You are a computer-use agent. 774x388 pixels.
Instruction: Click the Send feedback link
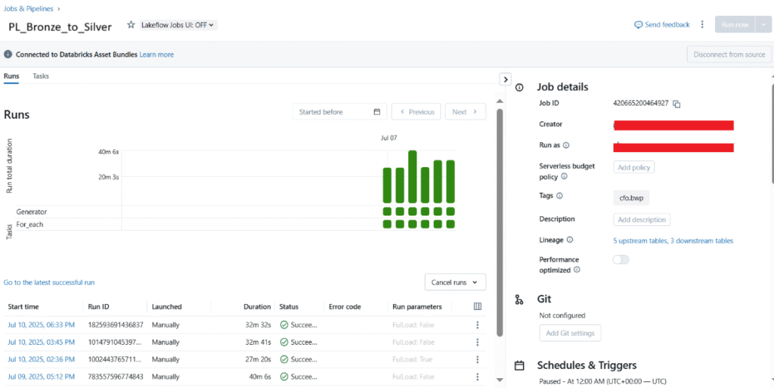coord(662,25)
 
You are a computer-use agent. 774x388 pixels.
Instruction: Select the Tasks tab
coord(41,76)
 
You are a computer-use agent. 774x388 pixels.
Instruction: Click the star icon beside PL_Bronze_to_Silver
coord(131,25)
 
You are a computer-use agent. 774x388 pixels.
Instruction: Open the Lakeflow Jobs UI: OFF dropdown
coord(178,25)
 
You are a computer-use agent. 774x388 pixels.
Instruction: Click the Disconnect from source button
coord(729,54)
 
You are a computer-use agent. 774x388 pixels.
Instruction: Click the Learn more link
coord(156,54)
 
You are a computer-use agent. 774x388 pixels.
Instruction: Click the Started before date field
coord(339,112)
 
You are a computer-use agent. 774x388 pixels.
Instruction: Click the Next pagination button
coord(465,112)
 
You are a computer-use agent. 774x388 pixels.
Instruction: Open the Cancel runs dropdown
coord(455,282)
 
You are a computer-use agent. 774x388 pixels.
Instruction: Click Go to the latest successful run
coord(49,282)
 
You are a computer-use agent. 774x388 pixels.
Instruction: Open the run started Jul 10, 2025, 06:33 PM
coord(41,325)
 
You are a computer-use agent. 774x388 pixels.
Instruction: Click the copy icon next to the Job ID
coord(677,104)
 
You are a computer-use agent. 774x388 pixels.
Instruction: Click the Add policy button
coord(633,167)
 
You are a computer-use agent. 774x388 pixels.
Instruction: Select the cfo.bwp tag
coord(630,197)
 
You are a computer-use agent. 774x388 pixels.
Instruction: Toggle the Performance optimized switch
coord(621,259)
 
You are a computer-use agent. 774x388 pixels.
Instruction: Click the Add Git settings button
coord(570,333)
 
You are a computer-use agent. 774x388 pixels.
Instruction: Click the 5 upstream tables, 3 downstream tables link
coord(673,241)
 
